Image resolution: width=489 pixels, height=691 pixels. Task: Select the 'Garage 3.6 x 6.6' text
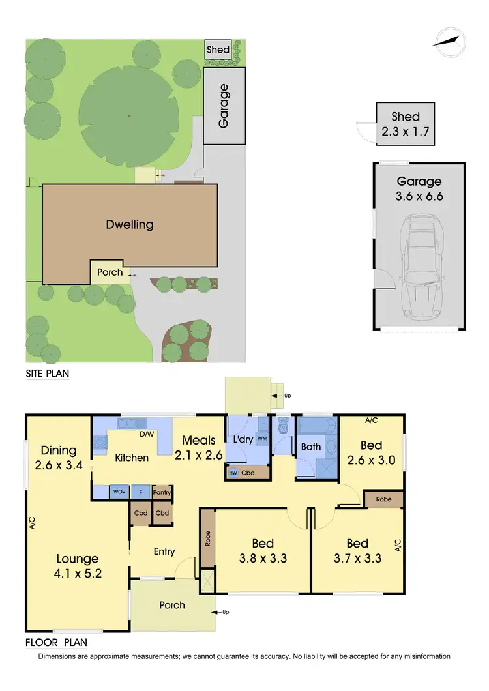click(x=419, y=189)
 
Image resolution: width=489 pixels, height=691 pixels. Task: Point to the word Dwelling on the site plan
click(x=130, y=225)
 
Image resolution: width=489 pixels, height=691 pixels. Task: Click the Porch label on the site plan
click(x=110, y=272)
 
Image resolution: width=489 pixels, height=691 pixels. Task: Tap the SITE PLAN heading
click(x=47, y=374)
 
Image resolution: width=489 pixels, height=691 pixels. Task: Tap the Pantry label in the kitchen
click(x=162, y=493)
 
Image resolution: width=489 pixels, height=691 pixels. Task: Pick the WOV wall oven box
click(x=119, y=492)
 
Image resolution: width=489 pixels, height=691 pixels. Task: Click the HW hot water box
click(x=233, y=473)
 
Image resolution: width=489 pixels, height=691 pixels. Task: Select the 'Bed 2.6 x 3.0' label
click(x=371, y=452)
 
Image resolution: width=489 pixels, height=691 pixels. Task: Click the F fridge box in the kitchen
click(x=140, y=492)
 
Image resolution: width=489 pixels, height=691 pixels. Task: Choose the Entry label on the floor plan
click(x=164, y=551)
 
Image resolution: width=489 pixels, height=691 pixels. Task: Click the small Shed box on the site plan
click(x=218, y=50)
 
